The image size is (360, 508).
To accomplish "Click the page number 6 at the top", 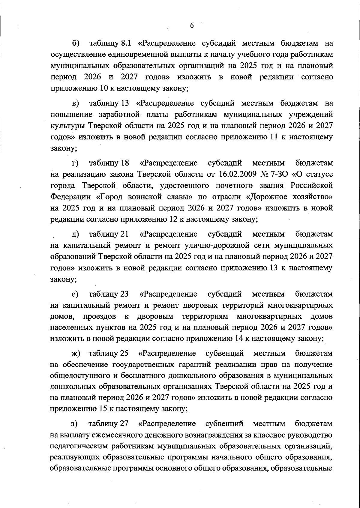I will tap(192, 26).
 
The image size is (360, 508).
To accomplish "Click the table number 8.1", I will tap(126, 44).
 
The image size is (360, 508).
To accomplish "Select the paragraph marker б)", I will tap(76, 44).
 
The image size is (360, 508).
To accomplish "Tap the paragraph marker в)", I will tap(76, 104).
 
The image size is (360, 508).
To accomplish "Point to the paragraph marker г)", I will tap(75, 163).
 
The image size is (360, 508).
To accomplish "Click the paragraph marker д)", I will tap(75, 234).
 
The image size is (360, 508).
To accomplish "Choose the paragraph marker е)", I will tap(75, 294).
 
